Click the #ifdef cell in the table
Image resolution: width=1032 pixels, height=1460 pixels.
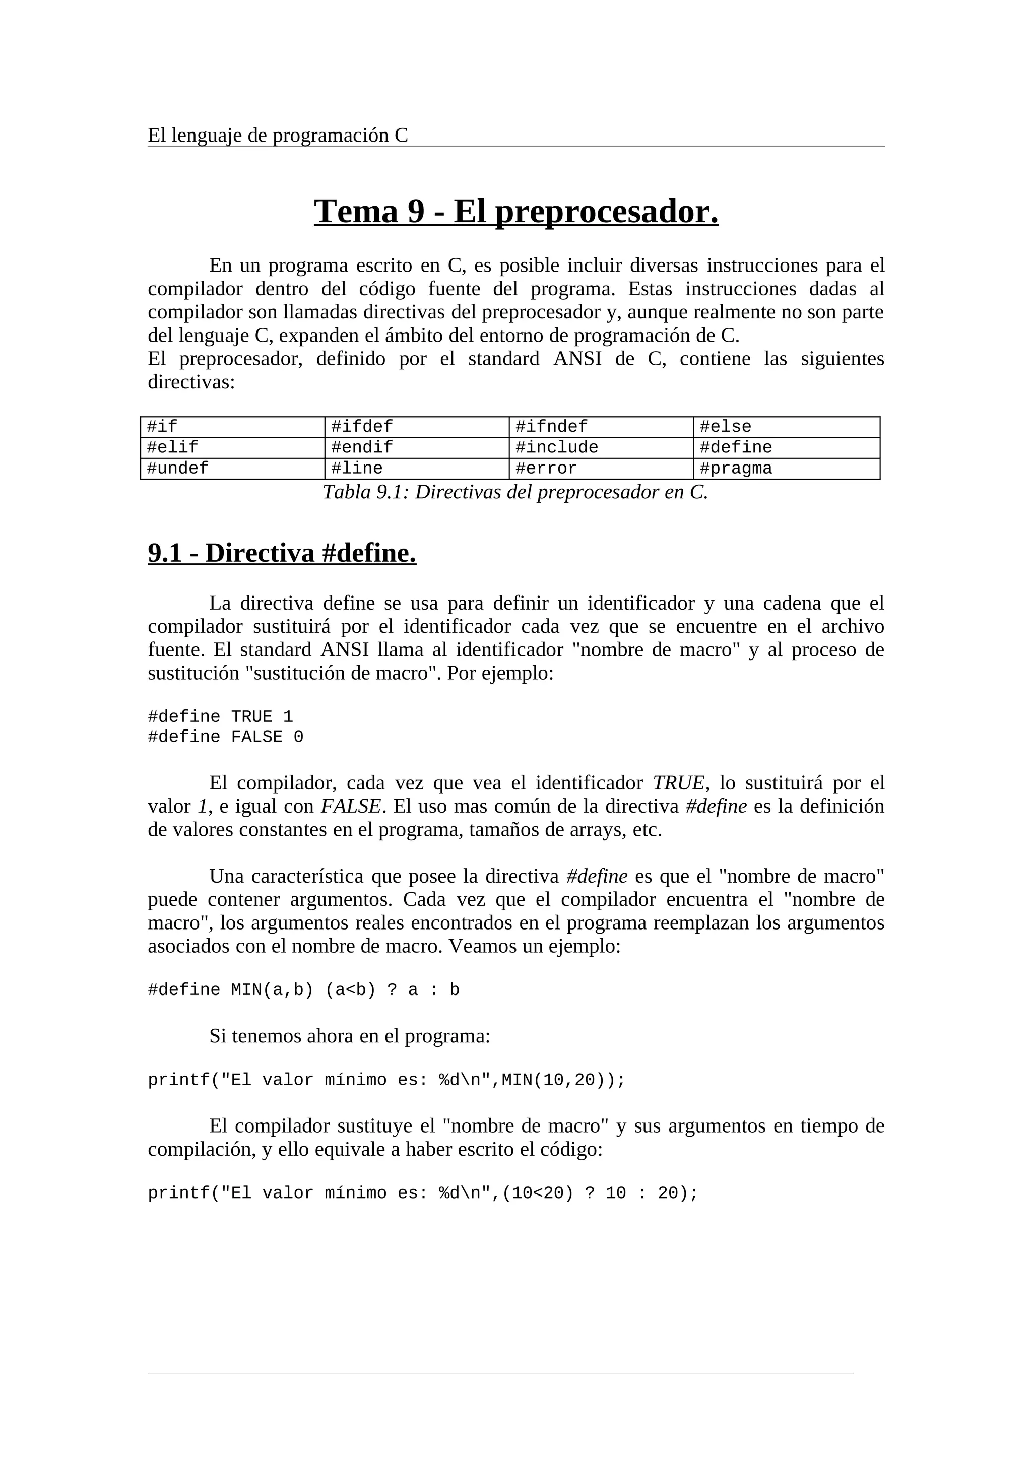click(417, 427)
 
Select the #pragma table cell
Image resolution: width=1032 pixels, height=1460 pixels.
click(786, 469)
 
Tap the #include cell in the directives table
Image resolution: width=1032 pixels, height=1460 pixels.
click(601, 448)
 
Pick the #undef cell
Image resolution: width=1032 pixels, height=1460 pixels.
click(232, 469)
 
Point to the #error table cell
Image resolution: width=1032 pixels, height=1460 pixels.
click(601, 469)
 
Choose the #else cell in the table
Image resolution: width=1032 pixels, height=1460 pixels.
click(786, 427)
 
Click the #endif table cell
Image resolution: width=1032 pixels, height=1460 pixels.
click(417, 448)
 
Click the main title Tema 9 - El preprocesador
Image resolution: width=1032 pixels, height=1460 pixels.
click(515, 212)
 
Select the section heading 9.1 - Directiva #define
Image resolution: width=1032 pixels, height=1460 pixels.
click(282, 553)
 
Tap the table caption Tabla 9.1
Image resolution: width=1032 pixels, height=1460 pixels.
click(515, 492)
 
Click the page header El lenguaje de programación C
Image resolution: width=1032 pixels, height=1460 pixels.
click(278, 136)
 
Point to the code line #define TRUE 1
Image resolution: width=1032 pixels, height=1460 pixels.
click(220, 716)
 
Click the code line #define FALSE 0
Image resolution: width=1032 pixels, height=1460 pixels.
click(225, 737)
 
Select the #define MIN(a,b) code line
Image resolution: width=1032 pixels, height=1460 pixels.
click(303, 990)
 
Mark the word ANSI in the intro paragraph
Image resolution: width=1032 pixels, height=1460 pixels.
click(577, 359)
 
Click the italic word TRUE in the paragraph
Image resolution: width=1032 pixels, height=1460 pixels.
click(678, 783)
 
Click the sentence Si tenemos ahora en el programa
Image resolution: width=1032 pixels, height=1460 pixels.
click(350, 1036)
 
